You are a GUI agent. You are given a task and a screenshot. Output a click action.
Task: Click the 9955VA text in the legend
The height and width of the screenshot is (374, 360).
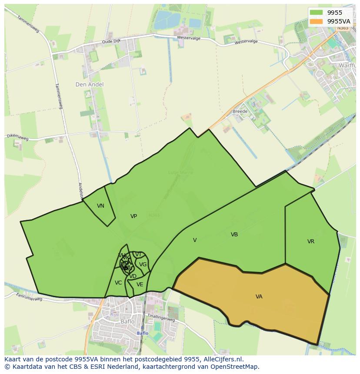pyautogui.click(x=339, y=21)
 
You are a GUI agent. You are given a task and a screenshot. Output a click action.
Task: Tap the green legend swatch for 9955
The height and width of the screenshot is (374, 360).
pyautogui.click(x=317, y=13)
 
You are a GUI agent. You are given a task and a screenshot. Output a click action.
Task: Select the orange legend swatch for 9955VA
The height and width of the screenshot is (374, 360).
pyautogui.click(x=317, y=21)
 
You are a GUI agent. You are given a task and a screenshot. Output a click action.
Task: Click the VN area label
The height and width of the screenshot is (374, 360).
pyautogui.click(x=100, y=206)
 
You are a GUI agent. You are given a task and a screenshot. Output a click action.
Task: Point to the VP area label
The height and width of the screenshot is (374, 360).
pyautogui.click(x=133, y=216)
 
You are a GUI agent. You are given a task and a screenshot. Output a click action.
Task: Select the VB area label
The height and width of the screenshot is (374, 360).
pyautogui.click(x=234, y=235)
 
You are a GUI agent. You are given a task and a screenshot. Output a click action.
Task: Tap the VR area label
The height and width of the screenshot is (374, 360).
pyautogui.click(x=311, y=242)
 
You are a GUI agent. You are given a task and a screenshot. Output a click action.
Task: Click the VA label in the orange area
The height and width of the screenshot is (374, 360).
pyautogui.click(x=259, y=297)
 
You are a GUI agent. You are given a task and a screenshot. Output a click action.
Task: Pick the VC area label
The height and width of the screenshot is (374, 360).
pyautogui.click(x=118, y=283)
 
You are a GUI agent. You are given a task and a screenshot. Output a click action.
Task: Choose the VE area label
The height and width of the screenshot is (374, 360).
pyautogui.click(x=140, y=285)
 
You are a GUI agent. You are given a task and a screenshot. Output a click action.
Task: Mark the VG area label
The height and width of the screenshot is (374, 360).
pyautogui.click(x=143, y=264)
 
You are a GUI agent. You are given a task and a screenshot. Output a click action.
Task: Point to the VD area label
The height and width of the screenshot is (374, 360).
pyautogui.click(x=133, y=276)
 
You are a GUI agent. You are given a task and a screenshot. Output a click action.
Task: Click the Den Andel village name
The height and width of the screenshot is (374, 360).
pyautogui.click(x=90, y=84)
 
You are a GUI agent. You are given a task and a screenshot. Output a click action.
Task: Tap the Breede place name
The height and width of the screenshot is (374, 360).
pyautogui.click(x=240, y=112)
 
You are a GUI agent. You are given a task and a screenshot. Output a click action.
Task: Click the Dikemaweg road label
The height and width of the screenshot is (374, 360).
pyautogui.click(x=18, y=138)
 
